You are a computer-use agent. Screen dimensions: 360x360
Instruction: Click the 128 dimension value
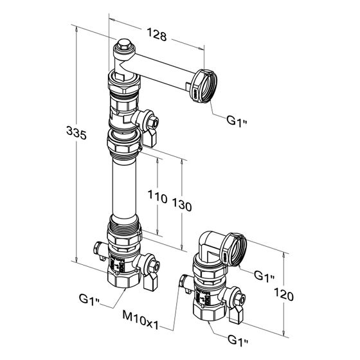pos(157,35)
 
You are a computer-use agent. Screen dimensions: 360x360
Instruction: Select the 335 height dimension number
pos(76,133)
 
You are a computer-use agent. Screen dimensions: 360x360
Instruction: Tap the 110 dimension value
pos(157,197)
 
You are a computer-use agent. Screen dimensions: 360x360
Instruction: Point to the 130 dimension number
pos(181,204)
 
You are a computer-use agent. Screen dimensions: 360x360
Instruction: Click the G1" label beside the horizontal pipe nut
pos(237,121)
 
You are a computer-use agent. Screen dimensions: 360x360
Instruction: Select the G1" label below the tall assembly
pos(89,300)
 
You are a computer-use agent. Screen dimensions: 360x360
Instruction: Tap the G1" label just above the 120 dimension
pos(264,276)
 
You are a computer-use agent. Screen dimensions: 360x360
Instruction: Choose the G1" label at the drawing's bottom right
pos(238,340)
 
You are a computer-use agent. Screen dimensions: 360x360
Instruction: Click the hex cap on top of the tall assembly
pos(123,45)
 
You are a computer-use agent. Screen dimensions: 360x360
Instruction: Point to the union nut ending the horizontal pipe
pos(203,85)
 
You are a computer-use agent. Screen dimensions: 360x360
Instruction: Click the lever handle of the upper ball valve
pos(149,139)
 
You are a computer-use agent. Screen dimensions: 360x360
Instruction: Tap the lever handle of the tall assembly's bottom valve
pos(150,283)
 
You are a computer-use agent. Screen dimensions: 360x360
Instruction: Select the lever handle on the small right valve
pos(236,315)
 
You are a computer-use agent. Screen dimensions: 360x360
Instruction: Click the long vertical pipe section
pos(124,188)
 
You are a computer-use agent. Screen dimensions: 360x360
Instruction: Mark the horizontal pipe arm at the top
pos(161,71)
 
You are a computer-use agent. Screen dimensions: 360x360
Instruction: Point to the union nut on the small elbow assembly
pos(233,249)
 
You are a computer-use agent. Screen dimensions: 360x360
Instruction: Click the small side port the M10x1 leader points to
pos(183,281)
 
